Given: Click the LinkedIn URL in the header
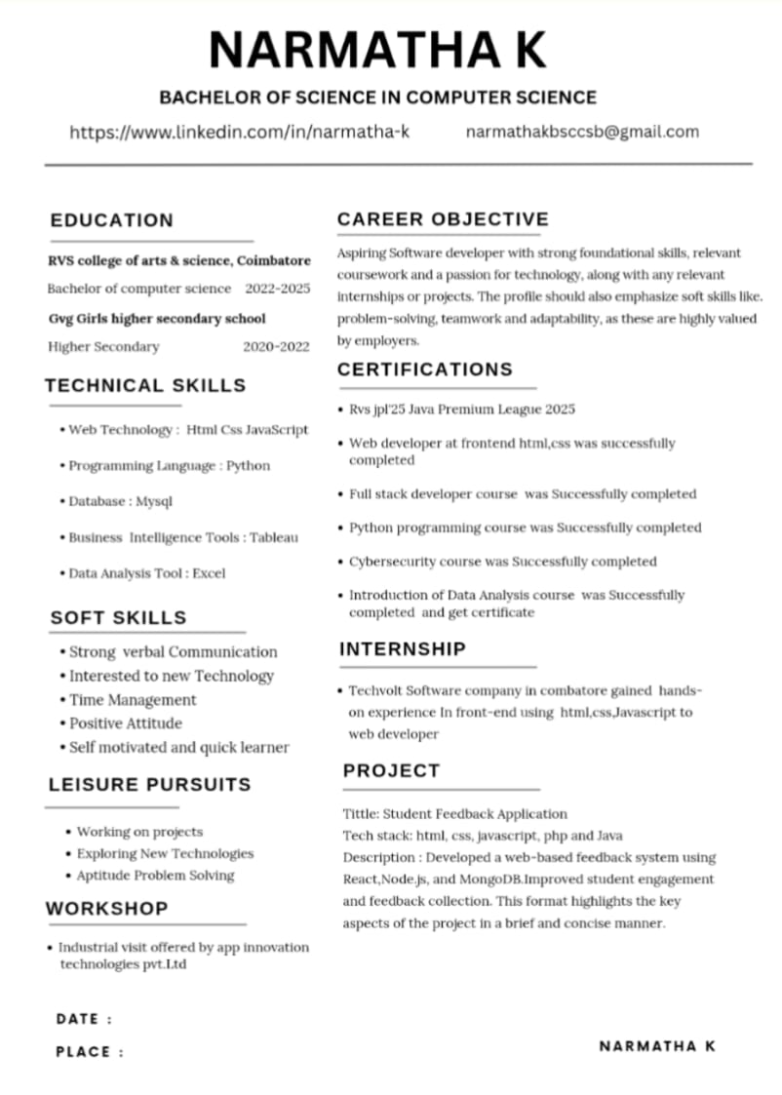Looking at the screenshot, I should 239,132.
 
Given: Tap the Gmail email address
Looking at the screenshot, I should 582,132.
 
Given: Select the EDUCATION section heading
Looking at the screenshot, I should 112,220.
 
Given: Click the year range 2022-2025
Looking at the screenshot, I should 278,289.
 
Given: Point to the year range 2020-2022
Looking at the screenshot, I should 276,346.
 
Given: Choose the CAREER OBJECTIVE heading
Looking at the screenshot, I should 443,219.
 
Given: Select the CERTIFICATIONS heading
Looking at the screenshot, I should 424,370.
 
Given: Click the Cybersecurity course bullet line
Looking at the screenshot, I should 502,562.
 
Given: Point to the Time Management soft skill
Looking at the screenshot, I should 133,700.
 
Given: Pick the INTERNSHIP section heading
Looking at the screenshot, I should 403,648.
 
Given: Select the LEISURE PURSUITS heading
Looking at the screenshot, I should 149,784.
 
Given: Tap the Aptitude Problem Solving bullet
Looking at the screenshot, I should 155,876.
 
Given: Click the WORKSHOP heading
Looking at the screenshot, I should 106,909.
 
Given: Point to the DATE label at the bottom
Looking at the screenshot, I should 79,1019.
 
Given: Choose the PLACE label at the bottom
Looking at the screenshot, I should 84,1052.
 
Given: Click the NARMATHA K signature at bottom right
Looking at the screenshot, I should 657,1046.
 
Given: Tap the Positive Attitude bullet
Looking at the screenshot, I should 126,723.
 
